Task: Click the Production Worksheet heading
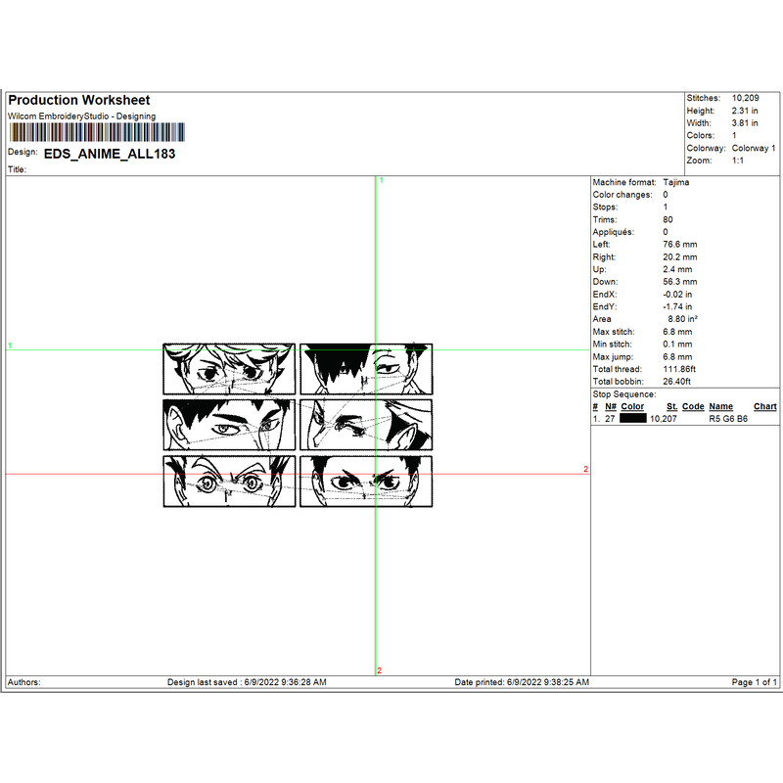click(79, 101)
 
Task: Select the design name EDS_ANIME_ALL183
click(110, 154)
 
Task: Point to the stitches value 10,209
click(745, 99)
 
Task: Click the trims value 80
click(668, 220)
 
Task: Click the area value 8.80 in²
click(681, 319)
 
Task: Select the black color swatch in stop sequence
click(633, 418)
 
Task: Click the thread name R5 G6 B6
click(728, 418)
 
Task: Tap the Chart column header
click(765, 406)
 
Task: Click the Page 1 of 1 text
click(756, 682)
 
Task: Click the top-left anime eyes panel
click(229, 369)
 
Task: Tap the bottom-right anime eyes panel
click(366, 481)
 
